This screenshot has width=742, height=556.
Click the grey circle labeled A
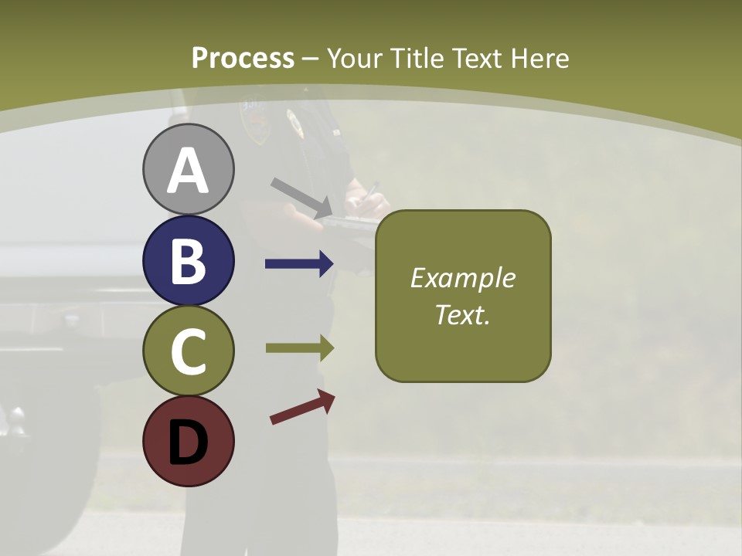click(x=188, y=169)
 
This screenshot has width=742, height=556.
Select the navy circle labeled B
click(x=188, y=260)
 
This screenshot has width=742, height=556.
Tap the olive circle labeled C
click(x=188, y=351)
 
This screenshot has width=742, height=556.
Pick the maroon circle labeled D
click(x=188, y=441)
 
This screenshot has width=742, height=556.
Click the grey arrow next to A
click(x=302, y=198)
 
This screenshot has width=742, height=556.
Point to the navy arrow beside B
click(x=299, y=264)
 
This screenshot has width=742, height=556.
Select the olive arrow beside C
click(x=299, y=347)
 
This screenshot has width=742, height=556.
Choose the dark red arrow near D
click(x=302, y=407)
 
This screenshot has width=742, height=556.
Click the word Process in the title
click(x=243, y=58)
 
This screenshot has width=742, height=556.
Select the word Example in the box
click(x=462, y=278)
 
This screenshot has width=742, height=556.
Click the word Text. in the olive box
click(x=462, y=314)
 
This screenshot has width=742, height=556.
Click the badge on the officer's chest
click(x=294, y=122)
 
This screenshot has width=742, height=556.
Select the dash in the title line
click(x=311, y=59)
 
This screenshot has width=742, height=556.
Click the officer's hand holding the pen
click(x=366, y=203)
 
